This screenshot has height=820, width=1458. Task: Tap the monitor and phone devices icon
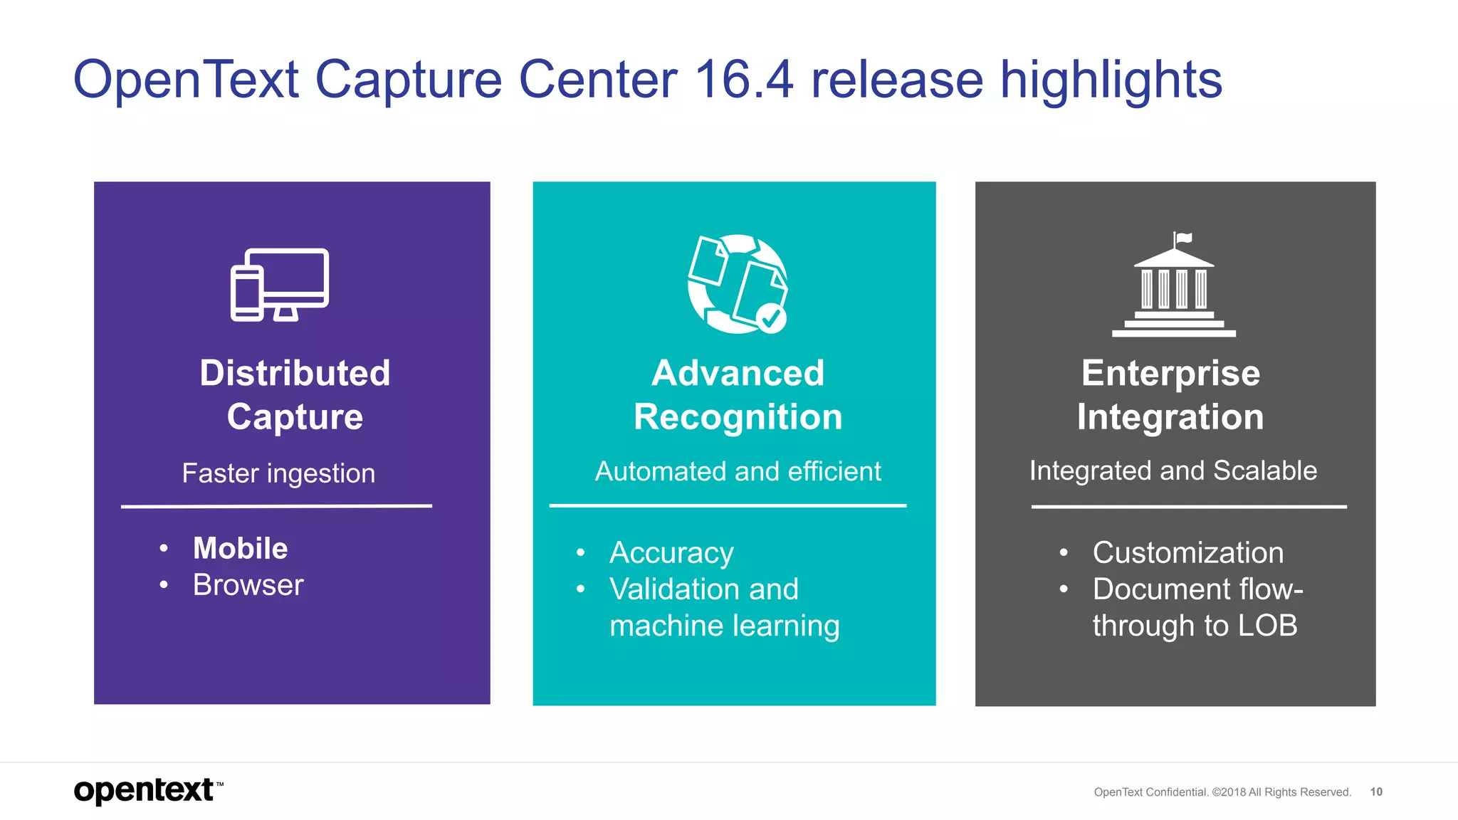[x=279, y=285]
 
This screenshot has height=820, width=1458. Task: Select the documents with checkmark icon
[x=737, y=283]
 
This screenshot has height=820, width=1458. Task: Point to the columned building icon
[x=1174, y=292]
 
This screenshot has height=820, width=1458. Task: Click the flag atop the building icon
[x=1183, y=238]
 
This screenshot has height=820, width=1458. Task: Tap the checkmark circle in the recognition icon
[x=770, y=318]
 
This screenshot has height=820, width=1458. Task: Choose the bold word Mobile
[x=241, y=548]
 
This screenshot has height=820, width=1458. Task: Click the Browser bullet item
[x=248, y=585]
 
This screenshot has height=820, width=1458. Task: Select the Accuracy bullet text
[x=671, y=553]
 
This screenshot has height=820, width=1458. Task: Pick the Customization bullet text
[x=1187, y=553]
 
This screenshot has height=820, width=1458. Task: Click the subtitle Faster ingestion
[x=278, y=473]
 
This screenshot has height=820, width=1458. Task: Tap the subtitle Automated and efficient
[x=738, y=471]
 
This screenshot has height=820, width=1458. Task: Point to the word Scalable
[x=1265, y=471]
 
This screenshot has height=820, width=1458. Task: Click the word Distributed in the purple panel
[x=295, y=373]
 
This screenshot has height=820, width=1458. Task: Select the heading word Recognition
[x=738, y=417]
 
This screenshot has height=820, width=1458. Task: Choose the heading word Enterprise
[x=1170, y=373]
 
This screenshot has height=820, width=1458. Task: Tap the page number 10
[x=1376, y=792]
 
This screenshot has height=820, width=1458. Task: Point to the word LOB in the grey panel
[x=1267, y=626]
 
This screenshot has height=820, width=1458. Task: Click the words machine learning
[x=724, y=626]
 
